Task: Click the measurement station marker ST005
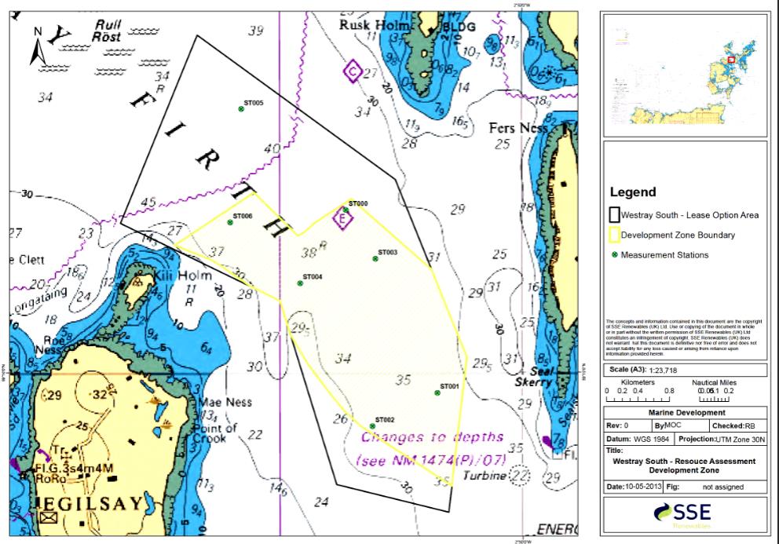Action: point(242,109)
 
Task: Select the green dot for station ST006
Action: point(230,222)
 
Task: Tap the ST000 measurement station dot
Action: point(346,210)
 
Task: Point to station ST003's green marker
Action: point(375,258)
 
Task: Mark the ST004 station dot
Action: point(300,283)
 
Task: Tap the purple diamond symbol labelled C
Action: point(353,72)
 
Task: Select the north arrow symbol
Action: point(38,46)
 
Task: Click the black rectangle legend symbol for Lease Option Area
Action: point(614,214)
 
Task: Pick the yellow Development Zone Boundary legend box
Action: point(614,235)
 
